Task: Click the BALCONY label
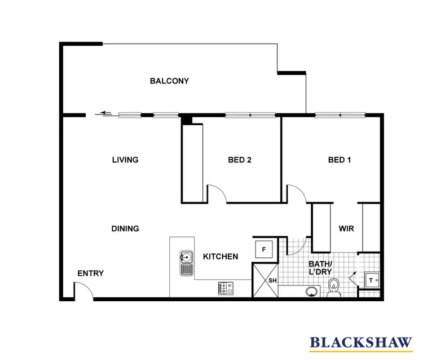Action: pyautogui.click(x=169, y=81)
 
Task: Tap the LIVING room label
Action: pyautogui.click(x=125, y=160)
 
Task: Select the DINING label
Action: pyautogui.click(x=125, y=229)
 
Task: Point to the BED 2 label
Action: pyautogui.click(x=240, y=160)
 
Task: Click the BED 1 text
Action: pyautogui.click(x=340, y=160)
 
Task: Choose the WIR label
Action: pyautogui.click(x=346, y=229)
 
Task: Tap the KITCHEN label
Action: pyautogui.click(x=220, y=256)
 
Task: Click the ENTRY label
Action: pyautogui.click(x=90, y=274)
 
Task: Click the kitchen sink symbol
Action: pyautogui.click(x=187, y=263)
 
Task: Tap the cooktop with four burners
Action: pyautogui.click(x=226, y=289)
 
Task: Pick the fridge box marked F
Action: pyautogui.click(x=264, y=248)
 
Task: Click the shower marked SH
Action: pyautogui.click(x=264, y=280)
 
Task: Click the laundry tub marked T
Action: pyautogui.click(x=372, y=279)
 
